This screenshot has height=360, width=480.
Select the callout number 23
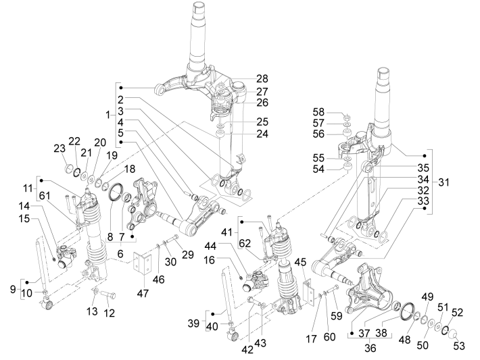coord(59,149)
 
